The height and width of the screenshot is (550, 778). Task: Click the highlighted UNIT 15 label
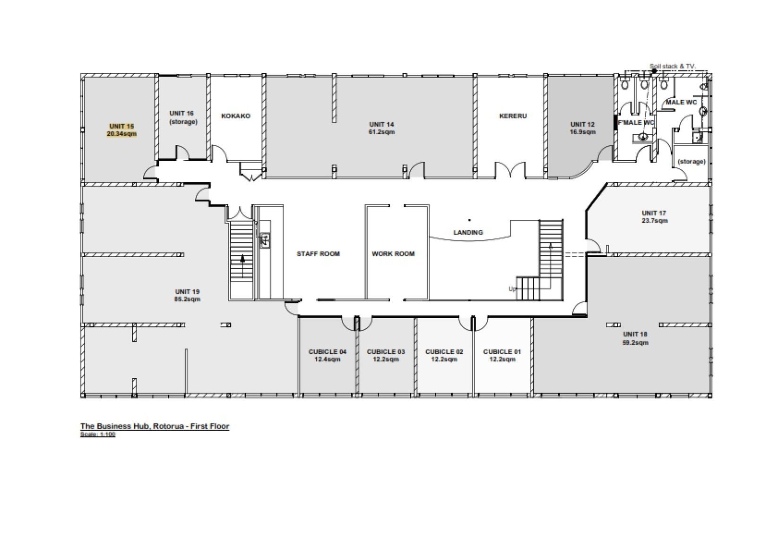121,126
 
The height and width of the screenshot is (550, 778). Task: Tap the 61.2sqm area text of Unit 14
381,132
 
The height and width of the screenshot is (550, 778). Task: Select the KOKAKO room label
235,116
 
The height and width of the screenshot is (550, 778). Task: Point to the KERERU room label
513,116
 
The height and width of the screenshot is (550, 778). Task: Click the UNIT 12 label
582,124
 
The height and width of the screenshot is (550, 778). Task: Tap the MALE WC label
681,102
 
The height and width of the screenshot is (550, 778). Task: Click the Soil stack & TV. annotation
673,66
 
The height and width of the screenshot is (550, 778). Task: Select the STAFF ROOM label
318,254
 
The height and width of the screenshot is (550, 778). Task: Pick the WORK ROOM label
393,254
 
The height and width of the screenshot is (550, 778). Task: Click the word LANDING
468,233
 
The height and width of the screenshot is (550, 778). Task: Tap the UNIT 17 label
654,213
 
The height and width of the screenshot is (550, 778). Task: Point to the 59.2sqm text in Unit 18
635,342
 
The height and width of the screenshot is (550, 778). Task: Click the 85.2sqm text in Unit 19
187,299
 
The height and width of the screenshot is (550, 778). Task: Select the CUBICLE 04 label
328,351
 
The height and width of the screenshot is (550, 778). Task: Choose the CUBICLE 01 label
502,351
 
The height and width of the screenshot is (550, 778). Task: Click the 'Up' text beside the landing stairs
512,289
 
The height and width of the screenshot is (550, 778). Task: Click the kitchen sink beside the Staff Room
265,240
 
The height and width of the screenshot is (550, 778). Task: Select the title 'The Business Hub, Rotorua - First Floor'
155,426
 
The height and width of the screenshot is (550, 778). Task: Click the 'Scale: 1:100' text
97,434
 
